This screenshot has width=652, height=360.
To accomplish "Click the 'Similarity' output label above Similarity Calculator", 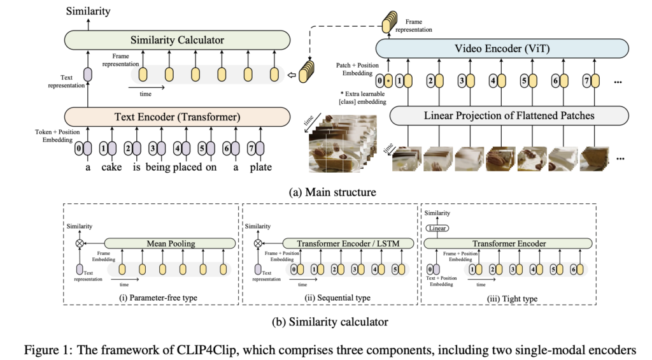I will coord(89,11).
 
